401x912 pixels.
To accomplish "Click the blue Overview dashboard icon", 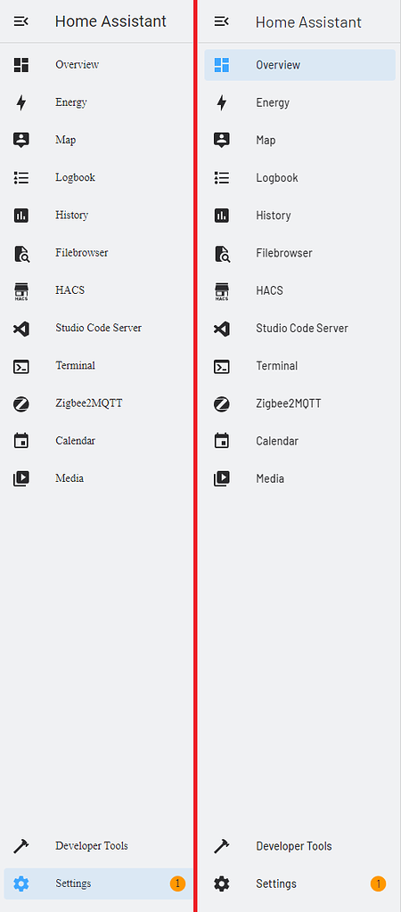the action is [x=222, y=65].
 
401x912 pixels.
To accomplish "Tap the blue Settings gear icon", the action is [x=21, y=884].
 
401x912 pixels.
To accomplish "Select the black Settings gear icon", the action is [x=222, y=884].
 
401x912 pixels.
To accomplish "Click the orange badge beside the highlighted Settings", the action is [x=177, y=884].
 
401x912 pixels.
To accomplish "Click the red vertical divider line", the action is [x=195, y=456].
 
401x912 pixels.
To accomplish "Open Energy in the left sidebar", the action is [x=71, y=102].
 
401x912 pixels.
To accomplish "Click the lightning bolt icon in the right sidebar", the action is [x=222, y=103].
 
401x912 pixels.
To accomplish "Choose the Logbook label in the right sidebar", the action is [x=277, y=178].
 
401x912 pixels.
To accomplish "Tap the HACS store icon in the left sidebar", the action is [x=21, y=290].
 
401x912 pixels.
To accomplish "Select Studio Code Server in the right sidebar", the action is [x=302, y=328].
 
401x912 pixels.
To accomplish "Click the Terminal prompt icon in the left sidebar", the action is [x=21, y=366].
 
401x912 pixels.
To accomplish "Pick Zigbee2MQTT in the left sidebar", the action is [x=89, y=403].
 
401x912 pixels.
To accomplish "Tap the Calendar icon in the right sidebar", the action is [x=222, y=441].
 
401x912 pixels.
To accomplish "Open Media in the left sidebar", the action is [x=70, y=478].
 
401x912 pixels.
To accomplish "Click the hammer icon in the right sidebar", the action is [x=222, y=846].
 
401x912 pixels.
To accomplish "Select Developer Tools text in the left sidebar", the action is [x=92, y=846].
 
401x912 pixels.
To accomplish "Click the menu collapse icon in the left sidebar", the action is [x=21, y=21].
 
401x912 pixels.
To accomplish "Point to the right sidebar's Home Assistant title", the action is [x=308, y=22].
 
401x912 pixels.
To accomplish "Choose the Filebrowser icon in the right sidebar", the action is [x=222, y=253].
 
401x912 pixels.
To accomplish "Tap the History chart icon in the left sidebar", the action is [x=21, y=216].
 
